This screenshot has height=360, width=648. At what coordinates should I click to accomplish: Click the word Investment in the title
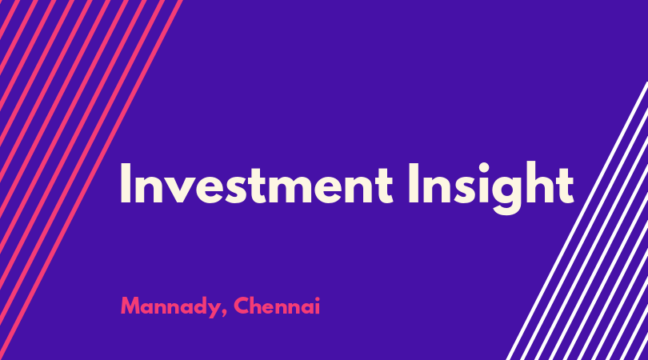pos(256,183)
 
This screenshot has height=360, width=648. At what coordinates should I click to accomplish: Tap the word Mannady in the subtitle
pos(170,306)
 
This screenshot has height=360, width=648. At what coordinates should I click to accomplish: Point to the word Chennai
pos(277,306)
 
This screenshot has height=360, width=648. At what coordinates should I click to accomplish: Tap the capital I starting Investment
pos(125,183)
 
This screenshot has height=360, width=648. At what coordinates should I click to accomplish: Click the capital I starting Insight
pos(413,183)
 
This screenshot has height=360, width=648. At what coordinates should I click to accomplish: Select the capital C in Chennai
pos(242,306)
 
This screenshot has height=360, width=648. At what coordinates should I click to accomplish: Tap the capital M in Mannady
pos(130,306)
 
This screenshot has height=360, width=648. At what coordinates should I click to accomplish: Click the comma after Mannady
pos(225,314)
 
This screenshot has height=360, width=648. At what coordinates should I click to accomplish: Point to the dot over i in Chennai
pos(317,299)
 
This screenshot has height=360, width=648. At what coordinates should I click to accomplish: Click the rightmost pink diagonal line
pos(90,180)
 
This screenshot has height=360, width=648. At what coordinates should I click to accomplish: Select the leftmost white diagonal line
pos(578,221)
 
